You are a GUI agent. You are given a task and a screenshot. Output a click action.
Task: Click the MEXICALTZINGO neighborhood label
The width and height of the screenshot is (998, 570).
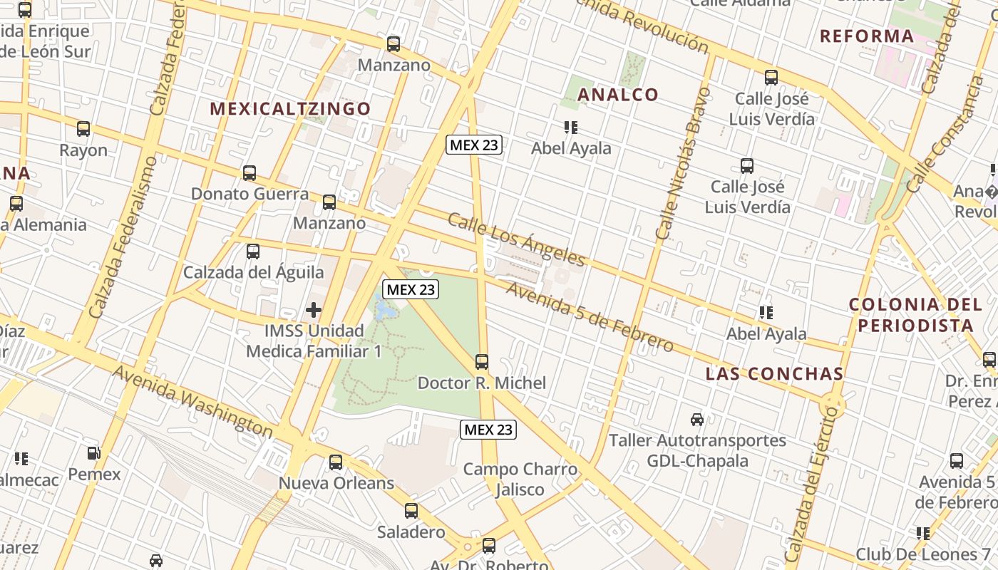point(290,108)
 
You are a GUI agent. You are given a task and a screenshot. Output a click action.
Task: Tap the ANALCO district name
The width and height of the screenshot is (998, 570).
point(618,94)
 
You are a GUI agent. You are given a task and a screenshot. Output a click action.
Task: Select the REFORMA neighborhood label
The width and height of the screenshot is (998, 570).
point(867,36)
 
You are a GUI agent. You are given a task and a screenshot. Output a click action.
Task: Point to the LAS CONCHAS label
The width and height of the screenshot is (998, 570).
point(774,373)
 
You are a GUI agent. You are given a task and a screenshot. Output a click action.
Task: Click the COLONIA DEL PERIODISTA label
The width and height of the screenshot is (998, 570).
point(915,315)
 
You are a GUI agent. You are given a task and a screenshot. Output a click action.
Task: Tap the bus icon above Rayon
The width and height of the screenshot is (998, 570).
point(83,129)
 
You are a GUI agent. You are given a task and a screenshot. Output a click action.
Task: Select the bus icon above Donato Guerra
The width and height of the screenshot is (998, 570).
point(249,172)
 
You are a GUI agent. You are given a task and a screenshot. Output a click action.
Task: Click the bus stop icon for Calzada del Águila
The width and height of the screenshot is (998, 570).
point(253,251)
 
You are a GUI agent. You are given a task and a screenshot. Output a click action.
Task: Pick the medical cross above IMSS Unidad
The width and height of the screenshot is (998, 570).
point(314,310)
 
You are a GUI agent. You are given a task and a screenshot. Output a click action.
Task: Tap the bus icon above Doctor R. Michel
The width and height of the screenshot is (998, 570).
point(482,362)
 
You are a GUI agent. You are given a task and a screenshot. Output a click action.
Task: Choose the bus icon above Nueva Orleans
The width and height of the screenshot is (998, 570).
point(336,462)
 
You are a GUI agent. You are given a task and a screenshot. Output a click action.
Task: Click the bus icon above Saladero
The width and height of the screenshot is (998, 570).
point(411,511)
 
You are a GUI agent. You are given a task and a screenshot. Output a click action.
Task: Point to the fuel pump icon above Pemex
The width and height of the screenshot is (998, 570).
point(93,453)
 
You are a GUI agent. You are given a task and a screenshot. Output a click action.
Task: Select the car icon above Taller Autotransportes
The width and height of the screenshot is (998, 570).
point(697,420)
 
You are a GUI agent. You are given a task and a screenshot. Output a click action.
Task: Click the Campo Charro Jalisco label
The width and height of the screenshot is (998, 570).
point(520,479)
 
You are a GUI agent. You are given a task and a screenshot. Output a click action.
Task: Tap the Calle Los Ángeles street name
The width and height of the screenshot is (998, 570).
point(516,239)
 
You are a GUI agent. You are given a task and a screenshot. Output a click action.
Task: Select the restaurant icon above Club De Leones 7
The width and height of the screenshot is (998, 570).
point(923,533)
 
